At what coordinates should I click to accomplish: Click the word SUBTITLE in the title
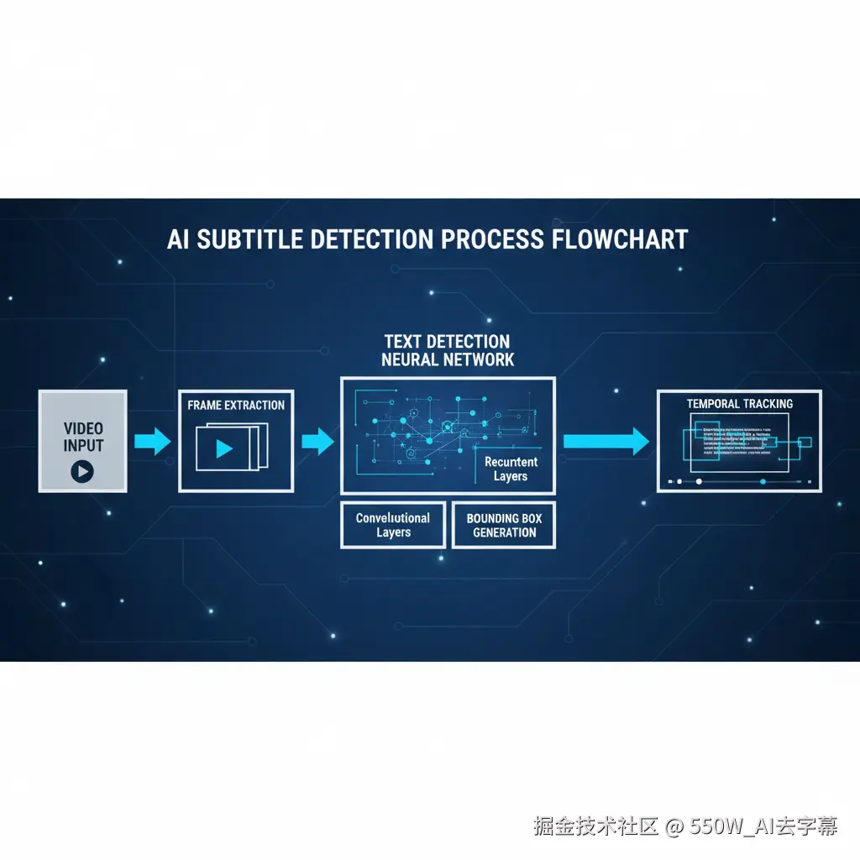[x=248, y=239]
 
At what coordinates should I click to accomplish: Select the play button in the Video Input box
[x=82, y=471]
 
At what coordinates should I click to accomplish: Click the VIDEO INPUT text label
[x=83, y=437]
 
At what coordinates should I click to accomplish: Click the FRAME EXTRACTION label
[x=236, y=405]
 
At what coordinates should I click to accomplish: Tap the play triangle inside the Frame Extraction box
[x=223, y=448]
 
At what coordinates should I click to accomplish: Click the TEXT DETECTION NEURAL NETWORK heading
[x=447, y=350]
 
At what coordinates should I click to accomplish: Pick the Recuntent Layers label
[x=511, y=469]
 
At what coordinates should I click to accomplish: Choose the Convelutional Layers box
[x=392, y=525]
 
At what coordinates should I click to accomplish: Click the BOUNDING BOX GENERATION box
[x=504, y=525]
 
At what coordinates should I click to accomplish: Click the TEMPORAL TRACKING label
[x=739, y=404]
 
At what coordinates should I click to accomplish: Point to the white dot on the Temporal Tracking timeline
[x=699, y=482]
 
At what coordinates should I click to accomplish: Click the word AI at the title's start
[x=177, y=239]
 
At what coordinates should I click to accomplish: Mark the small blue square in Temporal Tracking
[x=804, y=443]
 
